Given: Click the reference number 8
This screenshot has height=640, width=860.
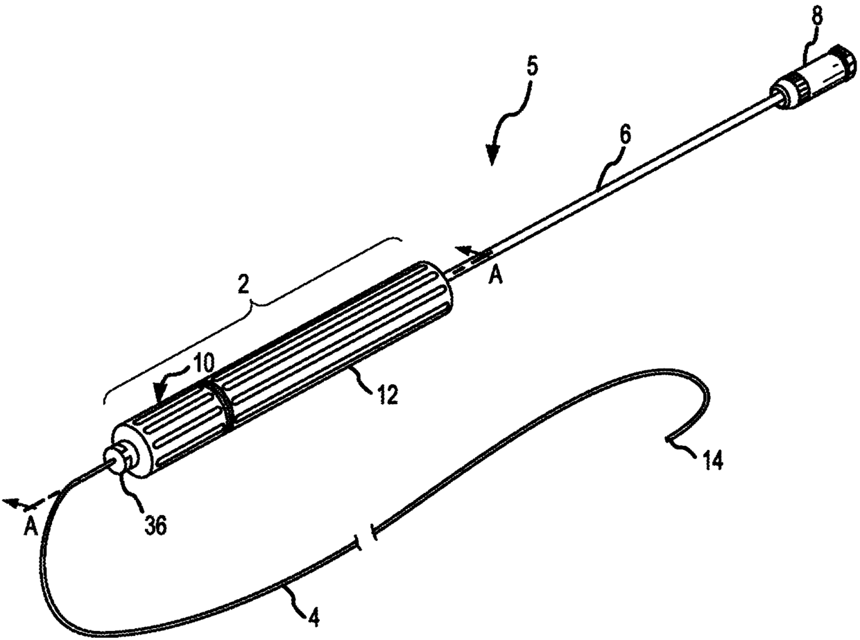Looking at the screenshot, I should [818, 17].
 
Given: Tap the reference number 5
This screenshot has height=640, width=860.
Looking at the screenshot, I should [531, 67].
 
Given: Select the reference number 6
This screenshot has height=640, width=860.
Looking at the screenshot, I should [625, 137].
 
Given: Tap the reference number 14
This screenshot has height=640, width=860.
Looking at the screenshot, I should [712, 461].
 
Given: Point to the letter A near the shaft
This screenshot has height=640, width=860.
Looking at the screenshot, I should [496, 276].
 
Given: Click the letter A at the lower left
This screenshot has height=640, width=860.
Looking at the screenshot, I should [30, 528].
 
